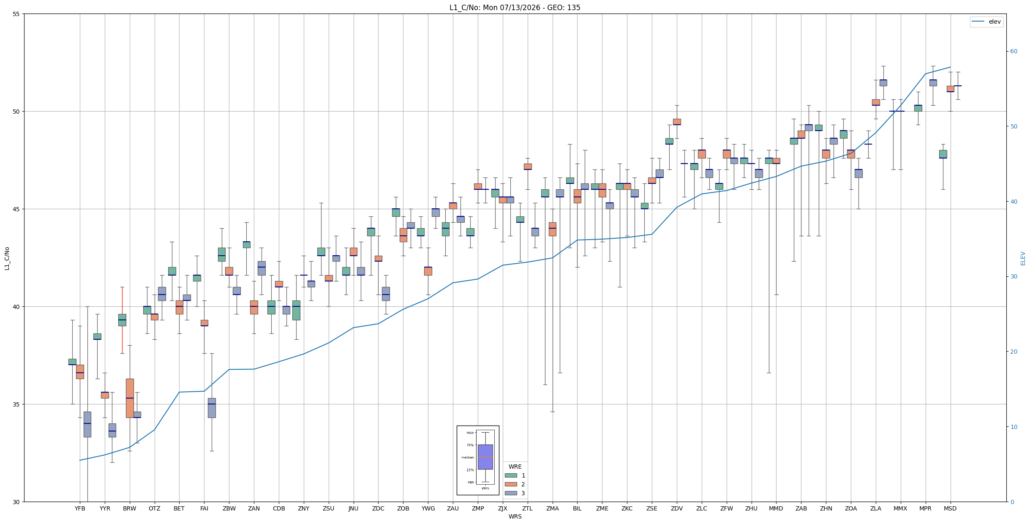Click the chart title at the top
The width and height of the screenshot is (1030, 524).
pos(515,8)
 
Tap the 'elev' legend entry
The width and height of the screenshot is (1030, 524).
pos(986,22)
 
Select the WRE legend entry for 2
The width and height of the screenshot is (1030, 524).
pos(515,484)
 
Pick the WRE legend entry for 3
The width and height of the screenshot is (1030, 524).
pos(515,493)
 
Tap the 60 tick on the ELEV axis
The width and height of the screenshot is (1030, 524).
pos(1014,52)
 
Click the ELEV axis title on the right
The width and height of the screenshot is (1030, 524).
pos(1023,258)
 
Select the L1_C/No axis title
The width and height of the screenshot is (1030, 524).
pos(7,258)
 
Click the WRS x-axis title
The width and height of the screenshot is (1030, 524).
pos(515,516)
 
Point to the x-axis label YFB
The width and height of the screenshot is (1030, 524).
pos(80,508)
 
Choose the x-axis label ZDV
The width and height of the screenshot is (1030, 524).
pos(677,508)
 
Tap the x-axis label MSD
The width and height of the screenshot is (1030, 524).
pos(950,508)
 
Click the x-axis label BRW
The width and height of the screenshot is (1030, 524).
pos(130,508)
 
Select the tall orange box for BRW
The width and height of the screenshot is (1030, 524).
pos(130,398)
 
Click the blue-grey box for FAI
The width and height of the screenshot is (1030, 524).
pos(212,408)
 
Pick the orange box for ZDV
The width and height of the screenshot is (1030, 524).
pos(677,122)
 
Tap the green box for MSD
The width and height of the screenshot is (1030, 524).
pos(943,154)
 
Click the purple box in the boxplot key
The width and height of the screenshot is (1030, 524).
pos(485,457)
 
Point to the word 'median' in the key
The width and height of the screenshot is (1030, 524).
pos(467,457)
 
